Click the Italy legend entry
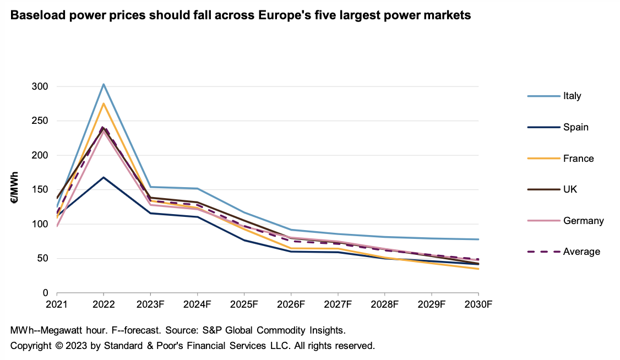tap(572, 96)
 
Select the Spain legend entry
tap(575, 127)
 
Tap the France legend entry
tap(578, 159)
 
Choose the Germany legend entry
tap(583, 221)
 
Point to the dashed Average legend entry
tap(581, 252)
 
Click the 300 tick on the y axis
tap(41, 86)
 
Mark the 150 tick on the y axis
tap(41, 190)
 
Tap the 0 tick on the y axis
tap(46, 293)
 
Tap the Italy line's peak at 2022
tap(103, 84)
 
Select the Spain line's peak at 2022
tap(103, 177)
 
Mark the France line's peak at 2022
tap(103, 103)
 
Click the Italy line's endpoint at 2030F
tap(478, 239)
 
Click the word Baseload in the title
tap(38, 16)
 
